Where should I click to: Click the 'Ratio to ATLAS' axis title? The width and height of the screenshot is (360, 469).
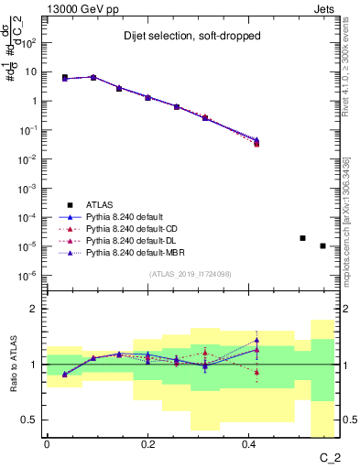coord(13,365)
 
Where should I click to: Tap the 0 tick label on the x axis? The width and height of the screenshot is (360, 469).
coord(47,445)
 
